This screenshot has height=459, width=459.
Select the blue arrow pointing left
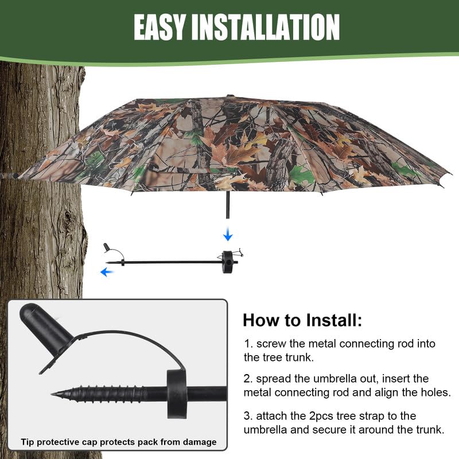106,272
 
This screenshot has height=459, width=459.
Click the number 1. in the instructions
248,344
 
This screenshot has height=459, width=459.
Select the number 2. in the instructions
248,379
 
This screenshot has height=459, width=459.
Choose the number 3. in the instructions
248,415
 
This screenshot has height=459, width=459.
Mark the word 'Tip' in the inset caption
28,442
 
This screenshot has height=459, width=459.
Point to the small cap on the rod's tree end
107,247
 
